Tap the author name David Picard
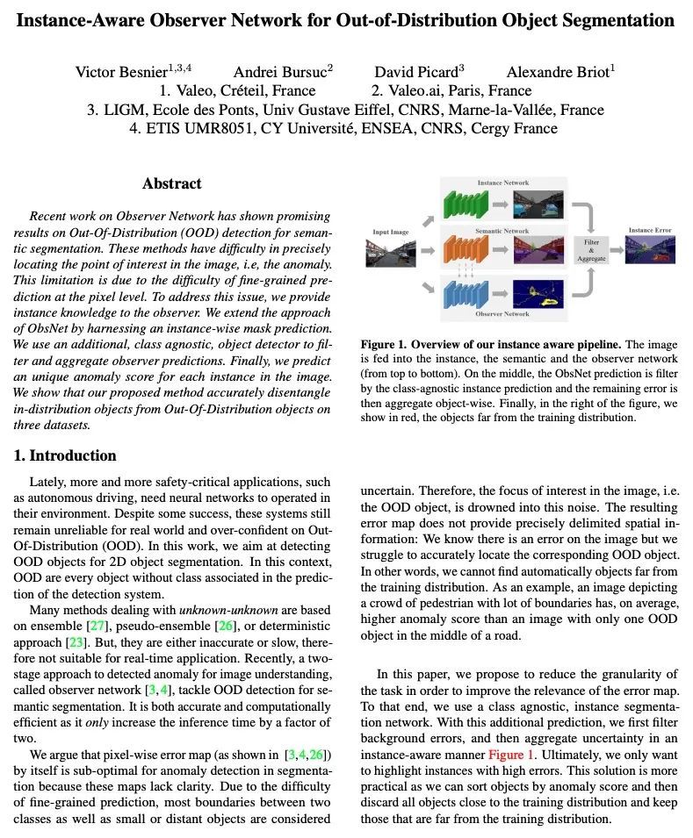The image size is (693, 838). point(416,72)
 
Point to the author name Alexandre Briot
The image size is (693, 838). point(558,72)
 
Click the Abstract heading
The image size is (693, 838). point(172,183)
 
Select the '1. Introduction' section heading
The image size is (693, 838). point(65,455)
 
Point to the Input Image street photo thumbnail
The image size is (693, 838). point(391,252)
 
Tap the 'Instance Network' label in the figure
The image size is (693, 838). point(502,183)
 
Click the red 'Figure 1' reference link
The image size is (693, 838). point(511,754)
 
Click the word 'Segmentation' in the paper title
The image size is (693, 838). point(620,19)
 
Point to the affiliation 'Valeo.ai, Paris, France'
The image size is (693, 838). point(451,90)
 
